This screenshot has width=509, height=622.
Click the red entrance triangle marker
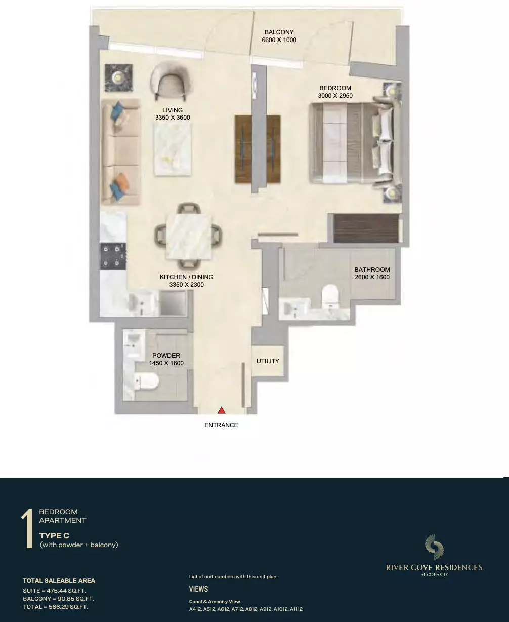click(x=221, y=410)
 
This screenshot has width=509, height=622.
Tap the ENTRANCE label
click(x=221, y=425)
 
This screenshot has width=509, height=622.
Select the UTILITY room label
click(x=268, y=361)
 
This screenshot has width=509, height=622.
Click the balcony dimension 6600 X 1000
click(x=279, y=40)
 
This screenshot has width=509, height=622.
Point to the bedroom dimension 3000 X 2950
click(x=335, y=96)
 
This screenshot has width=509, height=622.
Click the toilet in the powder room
click(x=146, y=381)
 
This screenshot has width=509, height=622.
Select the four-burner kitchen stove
click(x=113, y=256)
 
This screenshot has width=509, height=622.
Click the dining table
click(x=189, y=236)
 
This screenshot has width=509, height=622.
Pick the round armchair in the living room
click(x=171, y=80)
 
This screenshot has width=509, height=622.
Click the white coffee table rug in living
click(x=173, y=149)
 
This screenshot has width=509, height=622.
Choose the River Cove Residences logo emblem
click(x=434, y=547)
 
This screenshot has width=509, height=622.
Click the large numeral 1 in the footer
click(x=27, y=528)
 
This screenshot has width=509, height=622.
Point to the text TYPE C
click(x=54, y=535)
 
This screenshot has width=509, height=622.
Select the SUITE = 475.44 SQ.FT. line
click(x=55, y=591)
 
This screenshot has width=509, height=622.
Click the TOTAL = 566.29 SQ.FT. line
click(x=55, y=607)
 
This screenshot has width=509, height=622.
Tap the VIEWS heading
click(x=198, y=589)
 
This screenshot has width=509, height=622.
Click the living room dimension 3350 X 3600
click(x=173, y=118)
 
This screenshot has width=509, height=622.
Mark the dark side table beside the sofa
click(x=119, y=78)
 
